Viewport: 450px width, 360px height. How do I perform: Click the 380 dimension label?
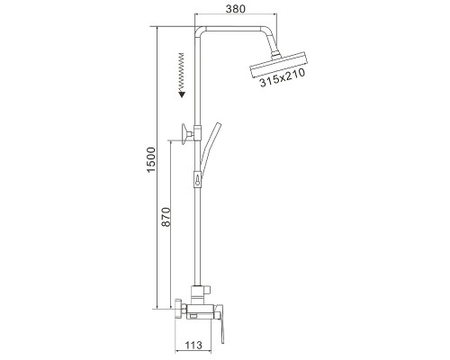(x=236, y=9)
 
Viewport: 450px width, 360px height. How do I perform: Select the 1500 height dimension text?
(x=150, y=159)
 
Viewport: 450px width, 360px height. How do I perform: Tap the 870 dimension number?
(x=166, y=217)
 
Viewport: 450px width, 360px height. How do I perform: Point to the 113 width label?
(x=193, y=346)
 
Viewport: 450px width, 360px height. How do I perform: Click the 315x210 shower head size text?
(x=283, y=77)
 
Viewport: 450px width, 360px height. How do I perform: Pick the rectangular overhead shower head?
(x=279, y=65)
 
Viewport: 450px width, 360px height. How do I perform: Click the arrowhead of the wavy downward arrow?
(x=182, y=94)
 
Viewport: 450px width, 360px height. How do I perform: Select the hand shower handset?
(x=210, y=150)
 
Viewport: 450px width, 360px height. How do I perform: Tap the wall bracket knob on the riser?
(x=186, y=134)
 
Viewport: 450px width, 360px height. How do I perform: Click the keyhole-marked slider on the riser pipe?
(x=197, y=179)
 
